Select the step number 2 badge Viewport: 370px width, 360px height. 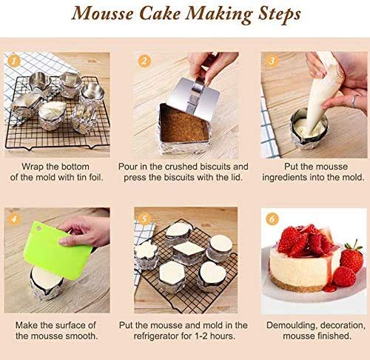[144, 60]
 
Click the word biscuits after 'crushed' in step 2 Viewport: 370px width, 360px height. [212, 167]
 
